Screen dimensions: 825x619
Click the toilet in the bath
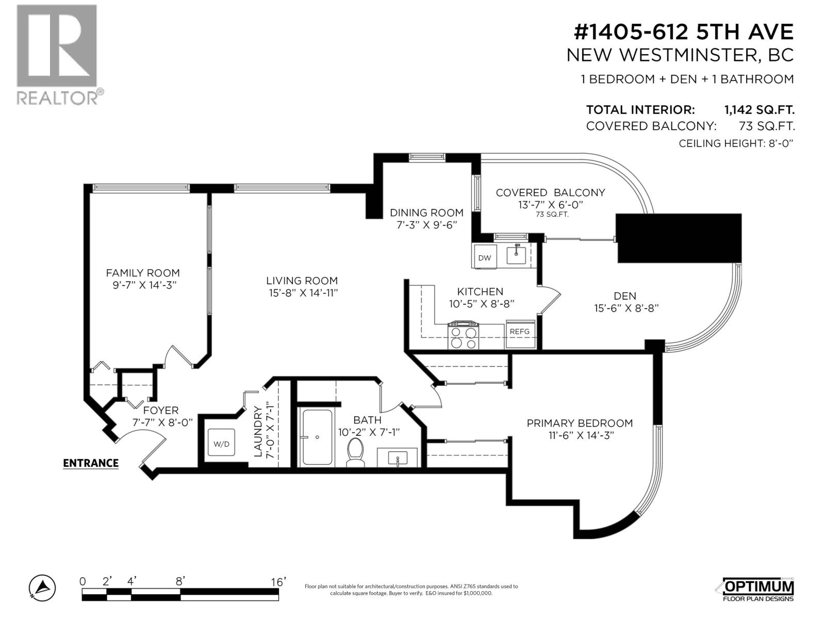click(x=355, y=452)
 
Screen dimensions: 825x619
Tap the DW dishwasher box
click(x=485, y=257)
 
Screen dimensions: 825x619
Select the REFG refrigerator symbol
click(x=520, y=334)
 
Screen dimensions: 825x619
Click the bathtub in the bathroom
click(x=317, y=437)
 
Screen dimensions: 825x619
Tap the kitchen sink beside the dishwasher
click(x=517, y=254)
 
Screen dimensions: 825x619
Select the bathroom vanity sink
click(x=398, y=458)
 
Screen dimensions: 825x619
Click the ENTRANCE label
click(x=91, y=463)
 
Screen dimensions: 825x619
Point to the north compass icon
click(x=42, y=588)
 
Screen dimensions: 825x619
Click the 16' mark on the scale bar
click(x=278, y=582)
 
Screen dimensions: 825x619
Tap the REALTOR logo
click(x=59, y=55)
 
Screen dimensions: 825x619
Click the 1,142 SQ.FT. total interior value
click(x=759, y=110)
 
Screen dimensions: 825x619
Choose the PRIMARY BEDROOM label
click(x=580, y=423)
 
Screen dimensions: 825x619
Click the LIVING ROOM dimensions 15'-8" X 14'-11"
click(x=303, y=293)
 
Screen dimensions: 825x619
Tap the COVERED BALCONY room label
click(x=550, y=192)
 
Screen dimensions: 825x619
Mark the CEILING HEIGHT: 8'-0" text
click(x=736, y=143)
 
